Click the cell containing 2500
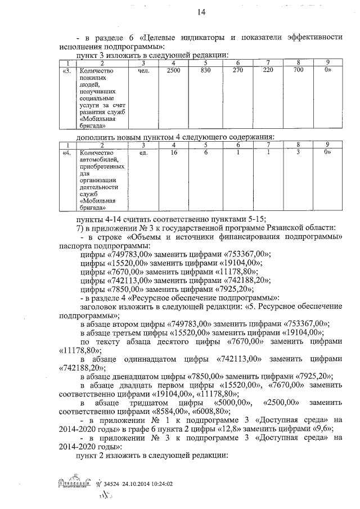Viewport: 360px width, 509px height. click(174, 71)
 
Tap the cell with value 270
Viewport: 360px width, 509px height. click(238, 71)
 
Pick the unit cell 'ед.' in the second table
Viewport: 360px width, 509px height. click(142, 152)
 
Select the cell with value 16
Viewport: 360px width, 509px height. click(174, 152)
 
